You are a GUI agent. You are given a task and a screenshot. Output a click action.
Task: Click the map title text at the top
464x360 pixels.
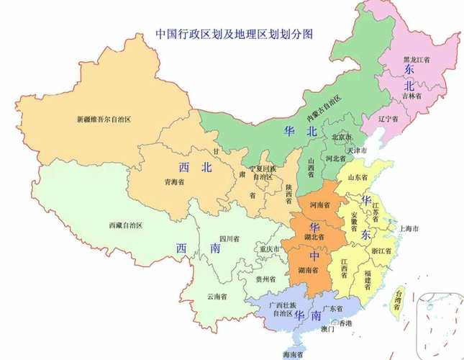[x=237, y=34]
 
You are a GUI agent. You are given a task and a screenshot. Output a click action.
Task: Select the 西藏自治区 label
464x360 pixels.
[x=126, y=225]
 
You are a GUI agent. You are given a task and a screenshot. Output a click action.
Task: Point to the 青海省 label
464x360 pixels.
[x=174, y=182]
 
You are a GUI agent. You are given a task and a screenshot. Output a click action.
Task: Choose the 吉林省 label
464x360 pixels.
[x=412, y=95]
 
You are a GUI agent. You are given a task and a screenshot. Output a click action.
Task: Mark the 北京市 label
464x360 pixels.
[x=342, y=137]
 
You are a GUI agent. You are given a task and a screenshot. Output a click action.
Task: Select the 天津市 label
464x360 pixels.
[x=357, y=151]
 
